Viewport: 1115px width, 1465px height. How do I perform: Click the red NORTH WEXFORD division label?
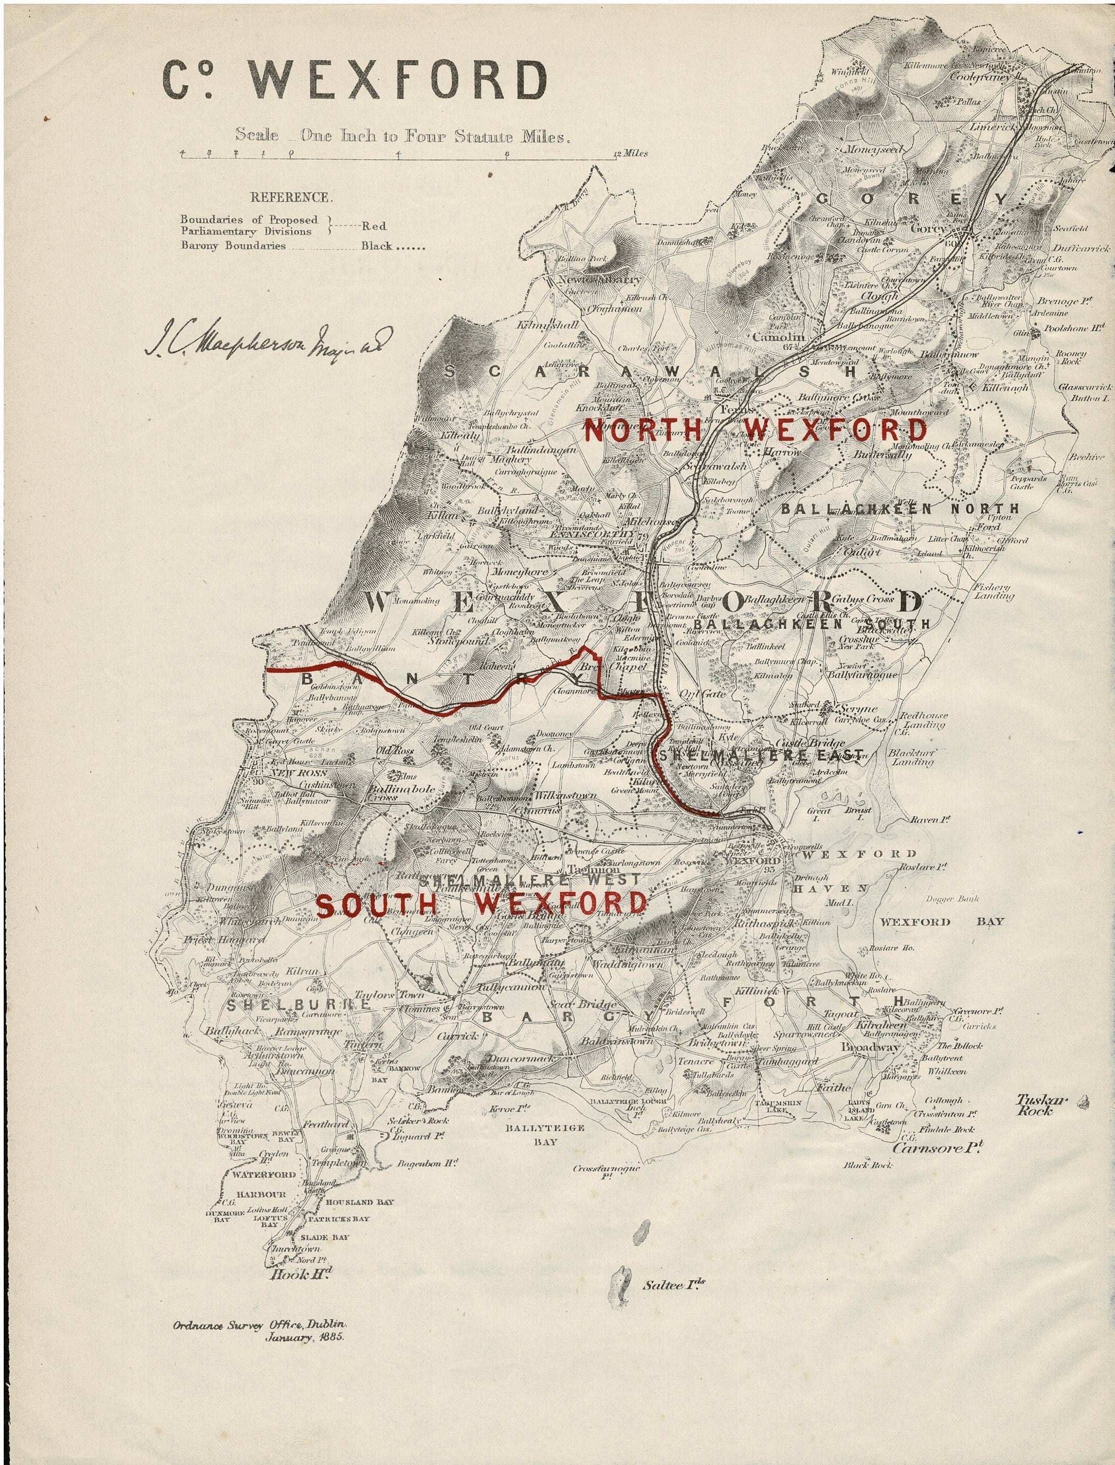click(x=755, y=431)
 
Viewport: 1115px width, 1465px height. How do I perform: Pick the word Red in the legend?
click(x=373, y=226)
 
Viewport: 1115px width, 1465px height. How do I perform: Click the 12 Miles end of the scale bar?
click(x=631, y=153)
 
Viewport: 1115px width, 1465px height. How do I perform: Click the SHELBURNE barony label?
click(x=297, y=1004)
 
